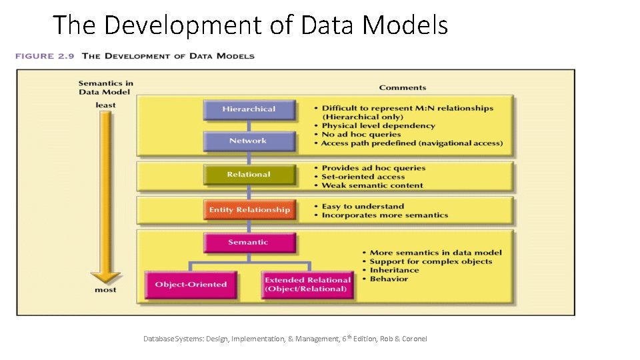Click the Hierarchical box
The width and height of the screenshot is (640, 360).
[249, 109]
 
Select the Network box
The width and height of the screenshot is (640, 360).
[248, 141]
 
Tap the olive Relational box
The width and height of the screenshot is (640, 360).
[249, 175]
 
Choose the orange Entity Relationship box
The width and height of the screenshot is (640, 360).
[249, 210]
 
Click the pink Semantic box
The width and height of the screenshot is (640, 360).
[248, 243]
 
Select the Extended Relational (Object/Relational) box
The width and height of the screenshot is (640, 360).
[307, 285]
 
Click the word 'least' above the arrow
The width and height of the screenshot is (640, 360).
[105, 105]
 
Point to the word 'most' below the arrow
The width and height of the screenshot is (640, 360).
[105, 290]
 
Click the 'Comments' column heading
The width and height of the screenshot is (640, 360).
[402, 87]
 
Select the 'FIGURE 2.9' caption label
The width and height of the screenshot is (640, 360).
[45, 56]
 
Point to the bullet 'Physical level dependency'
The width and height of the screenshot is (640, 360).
[378, 125]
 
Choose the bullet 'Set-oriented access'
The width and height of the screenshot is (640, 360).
[363, 177]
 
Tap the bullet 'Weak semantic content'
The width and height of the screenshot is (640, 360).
[372, 185]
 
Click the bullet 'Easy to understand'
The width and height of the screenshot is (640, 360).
[363, 207]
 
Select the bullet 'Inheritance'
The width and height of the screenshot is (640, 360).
[394, 270]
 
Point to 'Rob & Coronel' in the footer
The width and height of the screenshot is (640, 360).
[403, 339]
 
